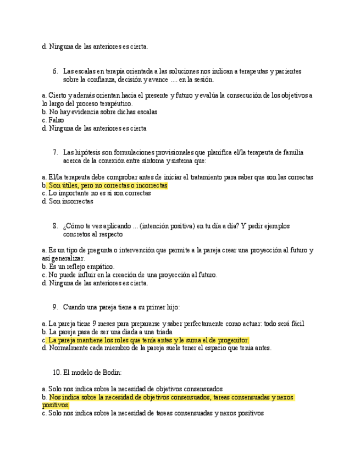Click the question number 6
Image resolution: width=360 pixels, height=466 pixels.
pos(55,71)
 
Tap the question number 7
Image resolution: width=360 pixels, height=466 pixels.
pos(55,152)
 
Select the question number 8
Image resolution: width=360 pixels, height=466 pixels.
pos(55,226)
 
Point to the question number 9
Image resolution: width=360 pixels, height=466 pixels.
pos(55,307)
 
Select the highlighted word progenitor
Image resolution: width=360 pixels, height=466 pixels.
pos(230,340)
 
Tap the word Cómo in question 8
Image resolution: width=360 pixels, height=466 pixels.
pos(74,226)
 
